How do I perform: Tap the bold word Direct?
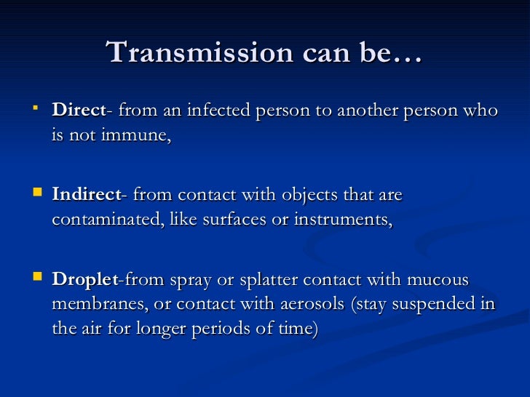pyautogui.click(x=79, y=111)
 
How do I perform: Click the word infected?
pyautogui.click(x=215, y=111)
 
